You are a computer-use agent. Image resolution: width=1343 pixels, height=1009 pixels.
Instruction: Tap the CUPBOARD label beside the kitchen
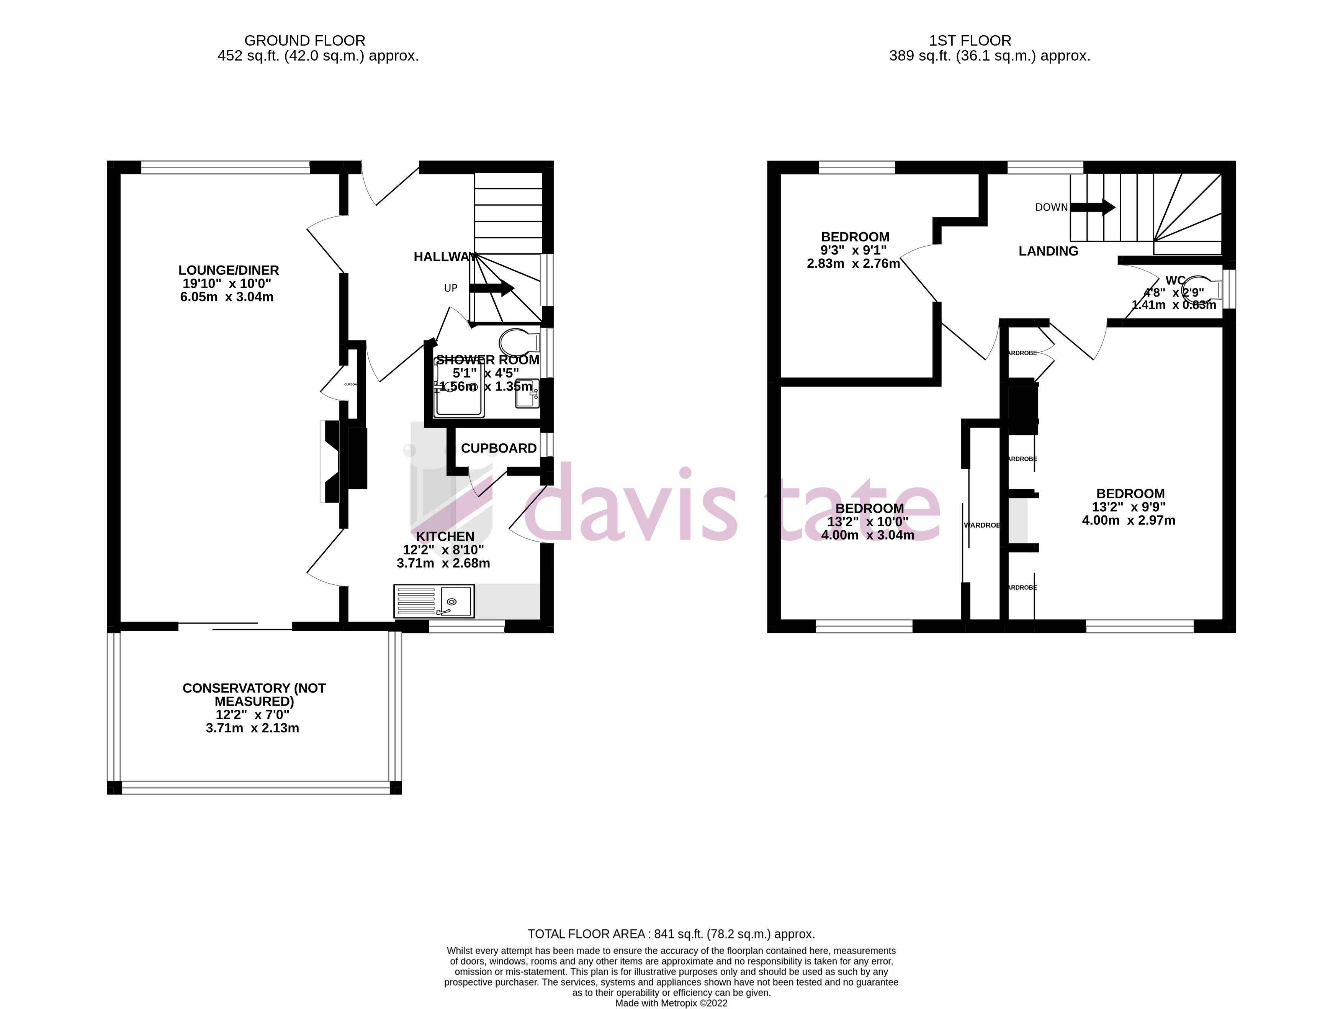[x=499, y=448]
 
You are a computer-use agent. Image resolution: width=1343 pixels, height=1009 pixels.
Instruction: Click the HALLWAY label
[x=445, y=257]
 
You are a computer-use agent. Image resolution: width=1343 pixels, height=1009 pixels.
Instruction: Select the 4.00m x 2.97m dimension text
[x=1128, y=521]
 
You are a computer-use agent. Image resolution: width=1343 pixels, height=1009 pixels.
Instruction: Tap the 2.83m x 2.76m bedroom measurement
[x=853, y=264]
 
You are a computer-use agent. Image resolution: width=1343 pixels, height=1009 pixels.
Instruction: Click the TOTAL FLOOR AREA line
[x=671, y=934]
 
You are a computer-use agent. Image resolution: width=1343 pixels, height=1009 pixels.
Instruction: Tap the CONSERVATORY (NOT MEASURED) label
[x=254, y=695]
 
